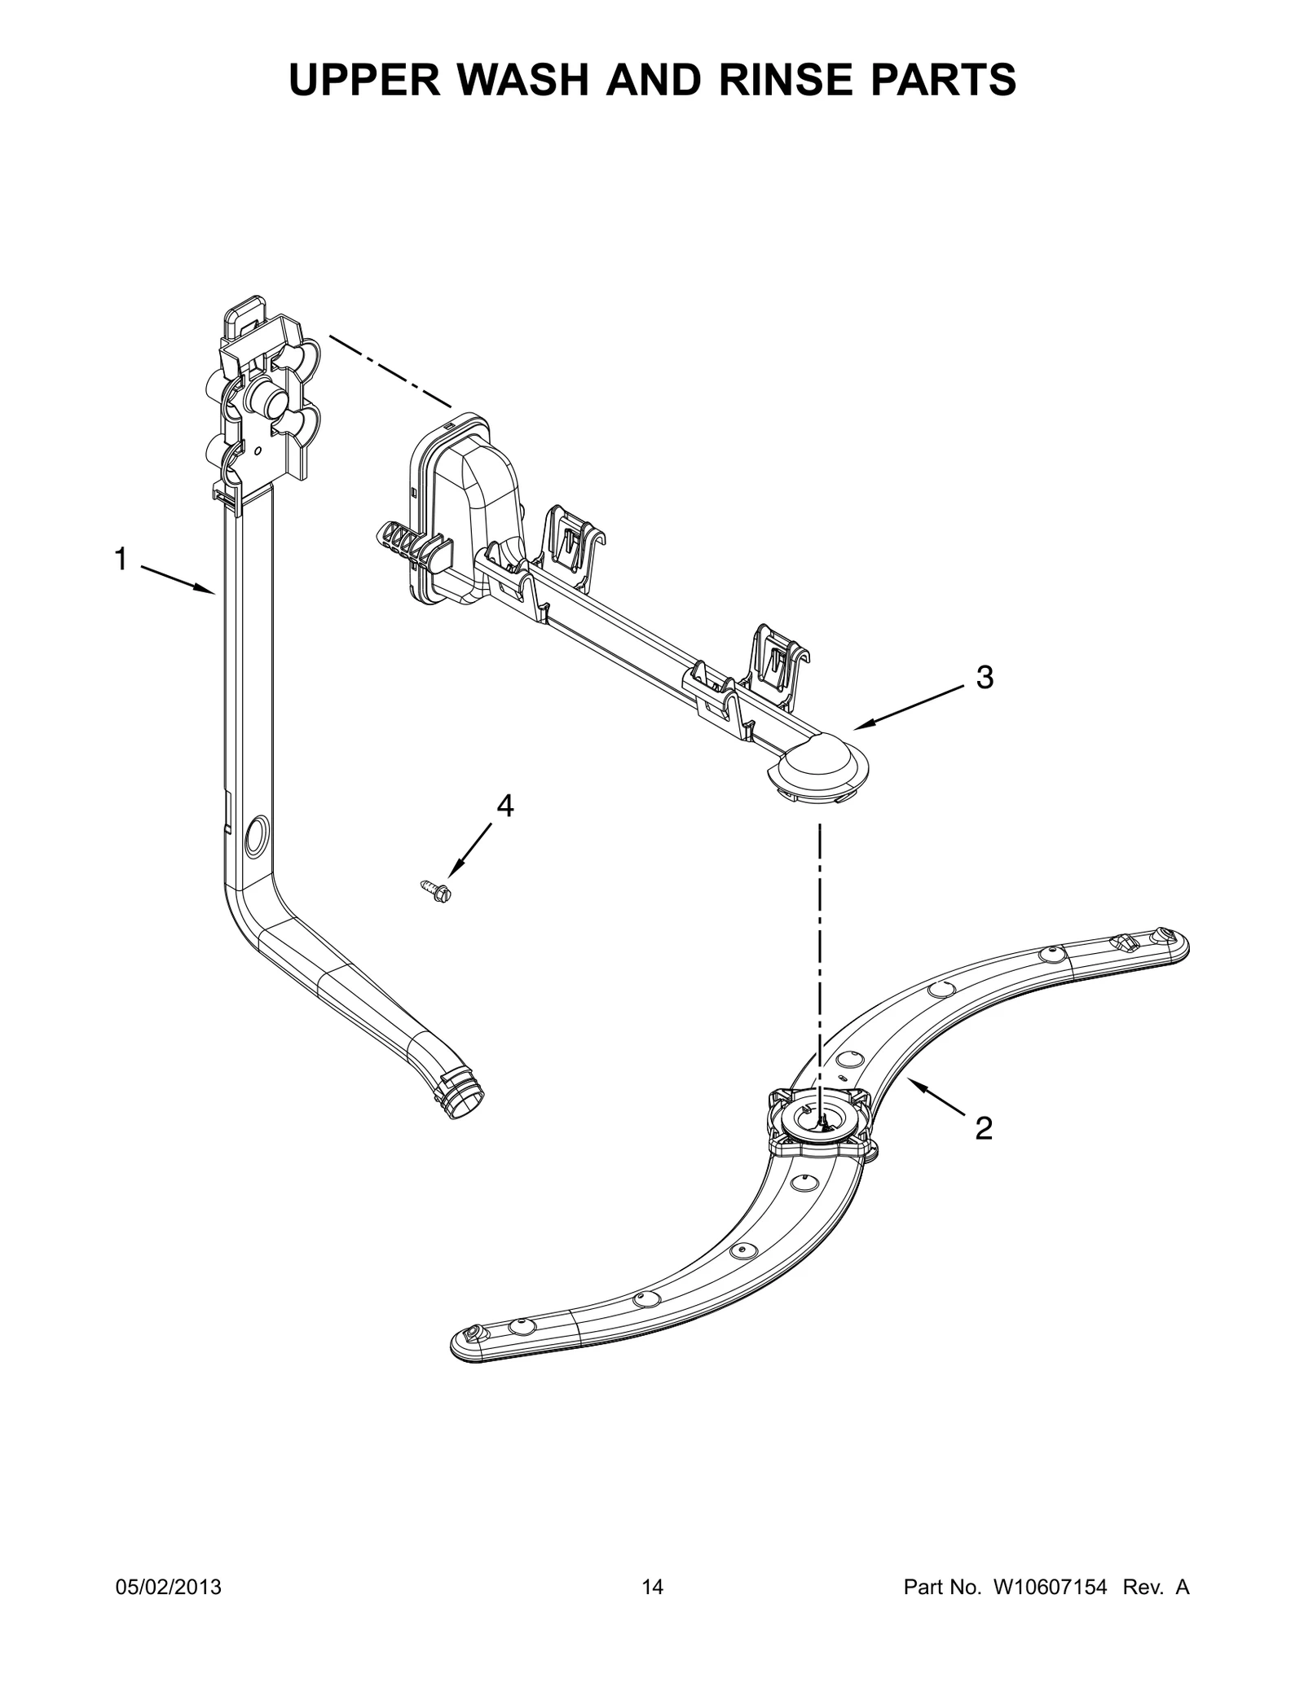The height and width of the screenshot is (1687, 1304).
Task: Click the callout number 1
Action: coord(121,560)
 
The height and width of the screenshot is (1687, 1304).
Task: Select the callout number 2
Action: coord(984,1128)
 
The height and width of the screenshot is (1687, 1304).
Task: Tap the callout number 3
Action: coord(985,678)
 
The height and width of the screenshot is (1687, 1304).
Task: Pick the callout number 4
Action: coord(505,806)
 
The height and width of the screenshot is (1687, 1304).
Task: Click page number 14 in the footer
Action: coord(652,1610)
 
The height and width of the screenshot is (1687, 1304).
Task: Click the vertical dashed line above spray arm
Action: coord(820,937)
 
